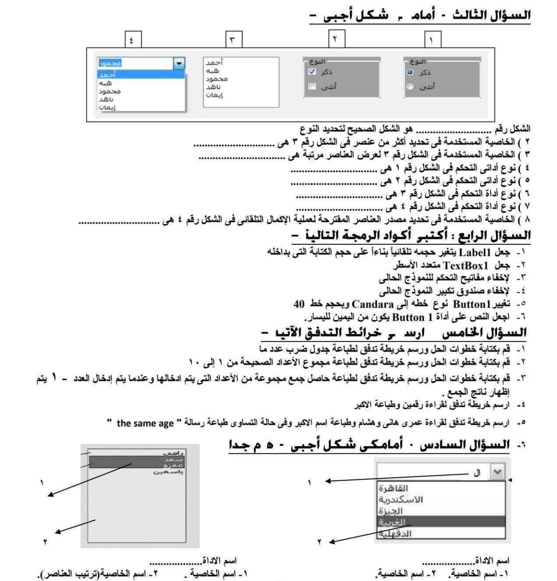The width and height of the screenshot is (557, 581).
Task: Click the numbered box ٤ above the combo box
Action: pos(132,39)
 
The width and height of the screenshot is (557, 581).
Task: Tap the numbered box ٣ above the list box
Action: pos(233,39)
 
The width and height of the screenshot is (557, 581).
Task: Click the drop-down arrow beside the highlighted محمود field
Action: pos(179,64)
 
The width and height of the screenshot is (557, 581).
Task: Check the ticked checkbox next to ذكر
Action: pos(312,72)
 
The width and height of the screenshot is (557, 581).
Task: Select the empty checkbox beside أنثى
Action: pos(312,86)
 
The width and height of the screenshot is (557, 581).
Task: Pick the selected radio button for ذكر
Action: pos(410,73)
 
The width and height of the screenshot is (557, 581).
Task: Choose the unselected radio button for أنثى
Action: pos(410,87)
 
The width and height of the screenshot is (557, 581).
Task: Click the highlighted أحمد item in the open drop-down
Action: pos(107,75)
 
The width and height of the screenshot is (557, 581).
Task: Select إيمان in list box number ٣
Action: pos(214,95)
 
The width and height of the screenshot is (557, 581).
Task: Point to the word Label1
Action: pos(476,252)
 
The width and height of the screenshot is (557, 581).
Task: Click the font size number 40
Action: pos(299,304)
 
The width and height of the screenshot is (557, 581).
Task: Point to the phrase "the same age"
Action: pos(145,423)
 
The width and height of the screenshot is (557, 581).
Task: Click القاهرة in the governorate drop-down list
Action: pos(393,488)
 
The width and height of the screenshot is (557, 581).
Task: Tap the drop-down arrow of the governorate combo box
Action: pos(498,472)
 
